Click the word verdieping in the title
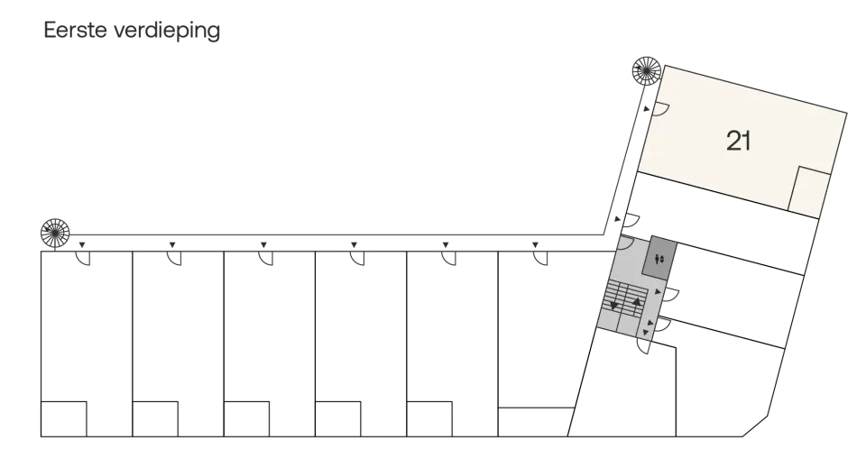click(168, 32)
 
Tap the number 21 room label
click(739, 141)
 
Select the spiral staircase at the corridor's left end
click(55, 233)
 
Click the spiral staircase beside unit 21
click(646, 70)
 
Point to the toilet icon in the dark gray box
click(659, 258)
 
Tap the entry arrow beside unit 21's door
click(646, 109)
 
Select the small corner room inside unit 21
click(809, 191)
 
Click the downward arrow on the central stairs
click(613, 305)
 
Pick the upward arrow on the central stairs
click(637, 301)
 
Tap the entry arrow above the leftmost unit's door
click(82, 244)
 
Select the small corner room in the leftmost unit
click(63, 419)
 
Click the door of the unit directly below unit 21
click(631, 221)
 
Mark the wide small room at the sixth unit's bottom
click(536, 422)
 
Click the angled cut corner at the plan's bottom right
click(755, 426)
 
